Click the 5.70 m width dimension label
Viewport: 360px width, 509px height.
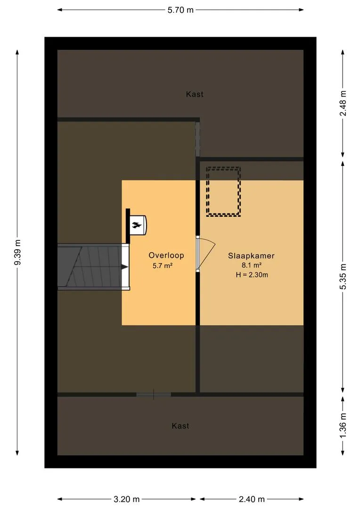(180, 10)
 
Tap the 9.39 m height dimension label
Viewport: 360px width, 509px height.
(17, 252)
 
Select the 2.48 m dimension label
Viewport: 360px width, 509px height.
(343, 103)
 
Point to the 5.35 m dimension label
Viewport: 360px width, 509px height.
(343, 277)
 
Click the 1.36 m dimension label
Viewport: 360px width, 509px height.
(343, 425)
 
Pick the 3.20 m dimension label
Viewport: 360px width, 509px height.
(127, 499)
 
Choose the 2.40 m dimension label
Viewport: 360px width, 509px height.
(252, 499)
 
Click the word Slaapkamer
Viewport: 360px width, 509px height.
(251, 256)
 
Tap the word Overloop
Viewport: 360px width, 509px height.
(166, 255)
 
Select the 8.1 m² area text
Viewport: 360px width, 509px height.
(252, 265)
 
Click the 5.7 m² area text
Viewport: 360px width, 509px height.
(162, 265)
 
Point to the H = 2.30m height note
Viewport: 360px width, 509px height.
(252, 275)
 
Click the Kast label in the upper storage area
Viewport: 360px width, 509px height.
(195, 94)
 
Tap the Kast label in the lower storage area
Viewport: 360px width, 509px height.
(180, 426)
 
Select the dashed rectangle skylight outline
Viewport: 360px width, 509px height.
(207, 191)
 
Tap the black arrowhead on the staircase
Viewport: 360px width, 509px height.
(125, 267)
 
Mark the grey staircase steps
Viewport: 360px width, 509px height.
(90, 266)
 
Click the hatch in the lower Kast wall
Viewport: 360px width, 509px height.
(154, 395)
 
